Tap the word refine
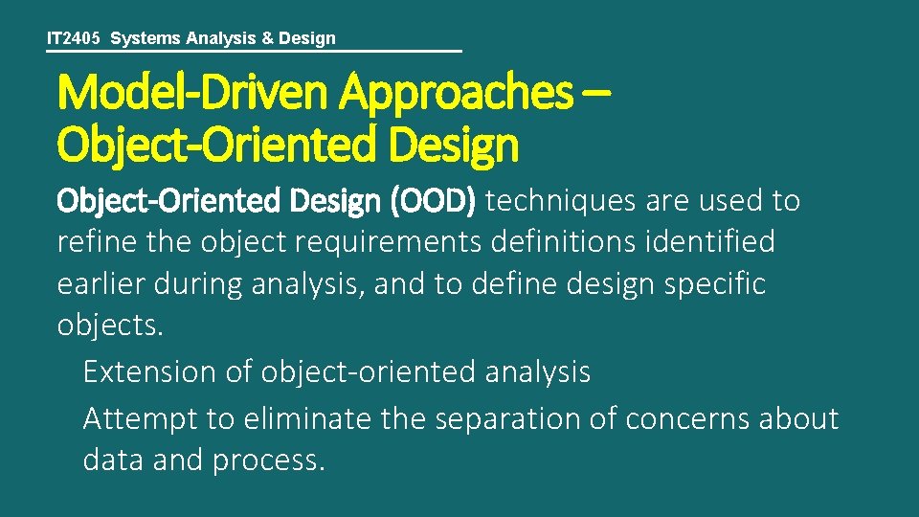click(99, 242)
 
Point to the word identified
click(716, 242)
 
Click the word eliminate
click(298, 418)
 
